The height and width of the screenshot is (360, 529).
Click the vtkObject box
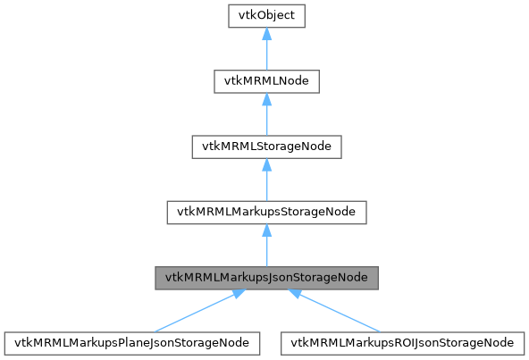pyautogui.click(x=266, y=16)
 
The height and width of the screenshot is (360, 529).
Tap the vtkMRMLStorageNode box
pyautogui.click(x=266, y=147)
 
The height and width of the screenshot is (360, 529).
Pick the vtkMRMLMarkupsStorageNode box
pyautogui.click(x=266, y=212)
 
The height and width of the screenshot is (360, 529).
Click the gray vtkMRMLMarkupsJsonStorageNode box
pyautogui.click(x=266, y=277)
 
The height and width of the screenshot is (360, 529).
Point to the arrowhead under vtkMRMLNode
pyautogui.click(x=266, y=100)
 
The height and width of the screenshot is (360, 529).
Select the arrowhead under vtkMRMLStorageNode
pyautogui.click(x=266, y=165)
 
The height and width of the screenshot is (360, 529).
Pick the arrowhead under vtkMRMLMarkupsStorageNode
pyautogui.click(x=266, y=230)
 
